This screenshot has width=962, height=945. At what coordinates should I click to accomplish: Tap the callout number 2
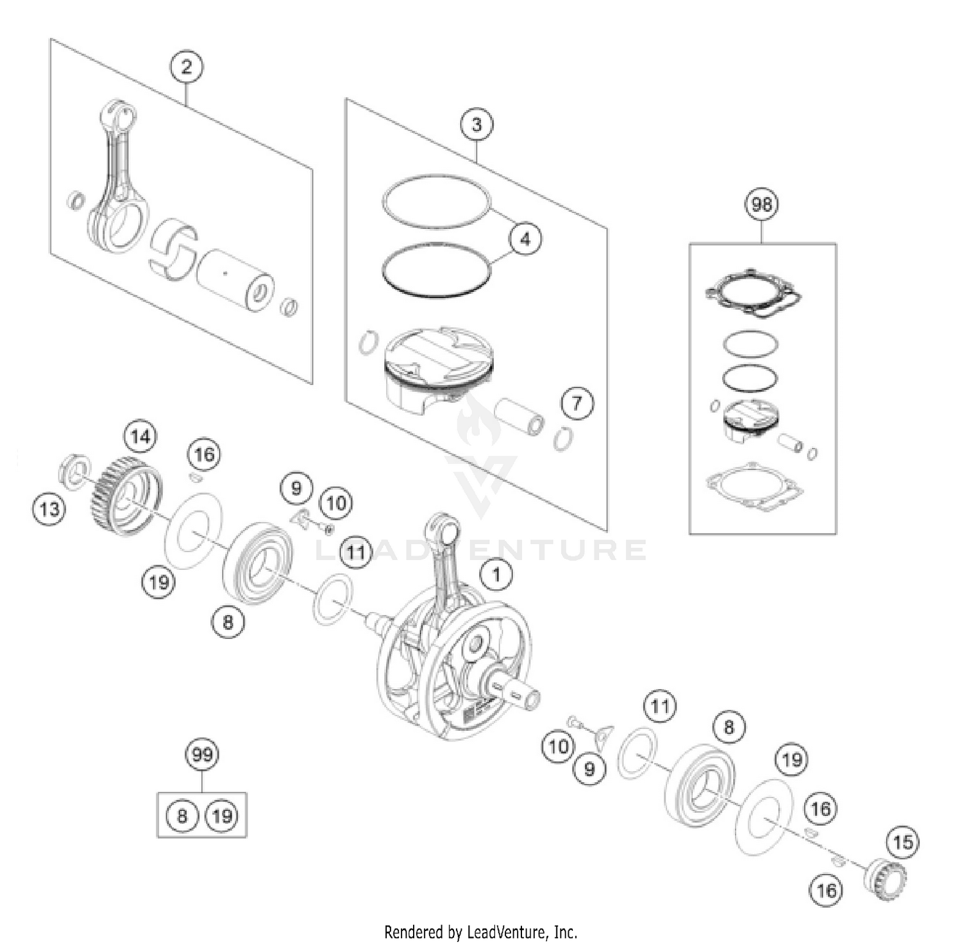coord(186,67)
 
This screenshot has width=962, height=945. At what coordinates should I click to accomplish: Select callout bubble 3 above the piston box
coord(477,124)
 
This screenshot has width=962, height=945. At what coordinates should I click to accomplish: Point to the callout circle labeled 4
coord(525,239)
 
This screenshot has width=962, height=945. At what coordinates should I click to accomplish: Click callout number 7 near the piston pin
coord(577,404)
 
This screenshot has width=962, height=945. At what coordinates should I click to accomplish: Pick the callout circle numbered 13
coord(49,509)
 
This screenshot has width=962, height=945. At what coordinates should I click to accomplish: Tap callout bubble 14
coord(140,437)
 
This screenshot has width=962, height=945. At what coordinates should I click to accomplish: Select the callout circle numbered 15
coord(902,842)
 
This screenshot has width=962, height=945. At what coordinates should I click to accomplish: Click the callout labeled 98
coord(761,205)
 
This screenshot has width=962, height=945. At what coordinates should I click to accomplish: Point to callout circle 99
coord(202,754)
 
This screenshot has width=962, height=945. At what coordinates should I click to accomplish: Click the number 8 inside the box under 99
coord(182,816)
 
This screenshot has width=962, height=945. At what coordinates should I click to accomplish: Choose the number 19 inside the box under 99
coord(221,816)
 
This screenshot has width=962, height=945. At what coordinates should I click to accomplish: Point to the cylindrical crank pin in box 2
coord(234,280)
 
